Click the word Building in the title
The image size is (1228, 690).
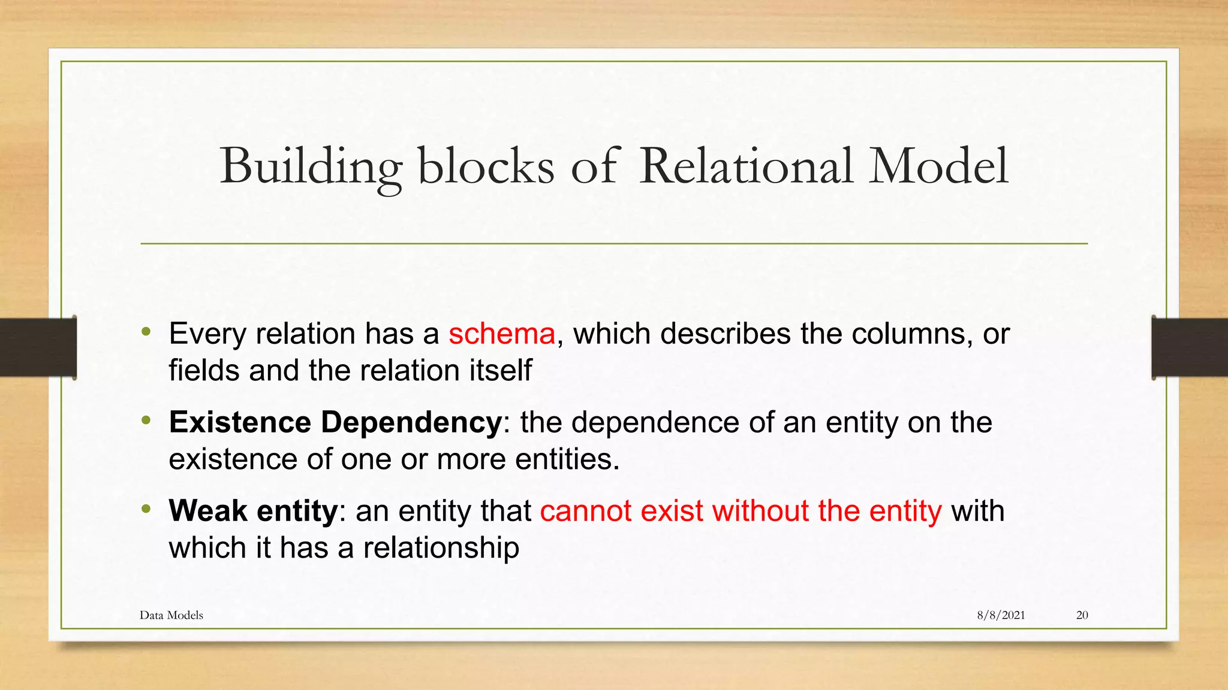point(311,167)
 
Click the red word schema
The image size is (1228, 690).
point(502,334)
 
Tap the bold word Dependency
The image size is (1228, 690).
point(411,423)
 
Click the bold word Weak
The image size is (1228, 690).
point(208,511)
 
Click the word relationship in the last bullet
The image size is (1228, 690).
point(441,548)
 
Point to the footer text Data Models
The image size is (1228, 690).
point(171,615)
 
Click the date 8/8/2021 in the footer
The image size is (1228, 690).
point(1001,615)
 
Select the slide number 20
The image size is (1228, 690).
point(1082,615)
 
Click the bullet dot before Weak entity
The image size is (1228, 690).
point(146,510)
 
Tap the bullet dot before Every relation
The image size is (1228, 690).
point(146,332)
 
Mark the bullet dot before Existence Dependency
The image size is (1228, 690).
point(146,421)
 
